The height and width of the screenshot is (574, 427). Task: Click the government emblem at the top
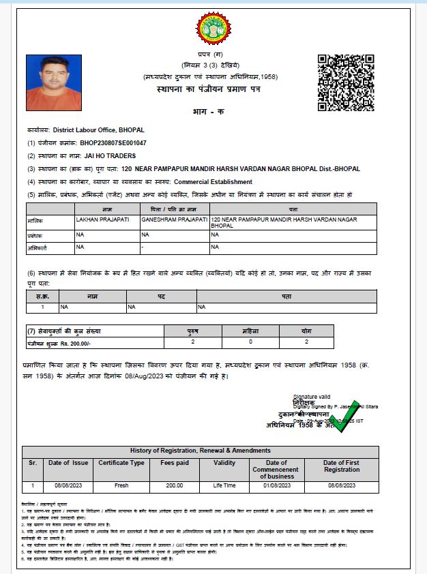point(213,31)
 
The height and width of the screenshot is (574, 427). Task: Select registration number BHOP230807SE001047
point(113,143)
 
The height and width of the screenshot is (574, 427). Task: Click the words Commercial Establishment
point(213,182)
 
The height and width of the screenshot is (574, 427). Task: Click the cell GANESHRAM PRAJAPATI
point(174,220)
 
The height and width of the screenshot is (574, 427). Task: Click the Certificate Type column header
point(121,463)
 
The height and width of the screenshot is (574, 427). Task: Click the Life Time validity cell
point(224,485)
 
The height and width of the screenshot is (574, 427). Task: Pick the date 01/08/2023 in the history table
point(276,485)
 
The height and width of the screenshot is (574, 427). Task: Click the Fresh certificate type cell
point(121,485)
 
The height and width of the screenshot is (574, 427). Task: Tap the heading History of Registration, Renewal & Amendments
point(200,451)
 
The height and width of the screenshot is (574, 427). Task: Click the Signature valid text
point(311,396)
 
